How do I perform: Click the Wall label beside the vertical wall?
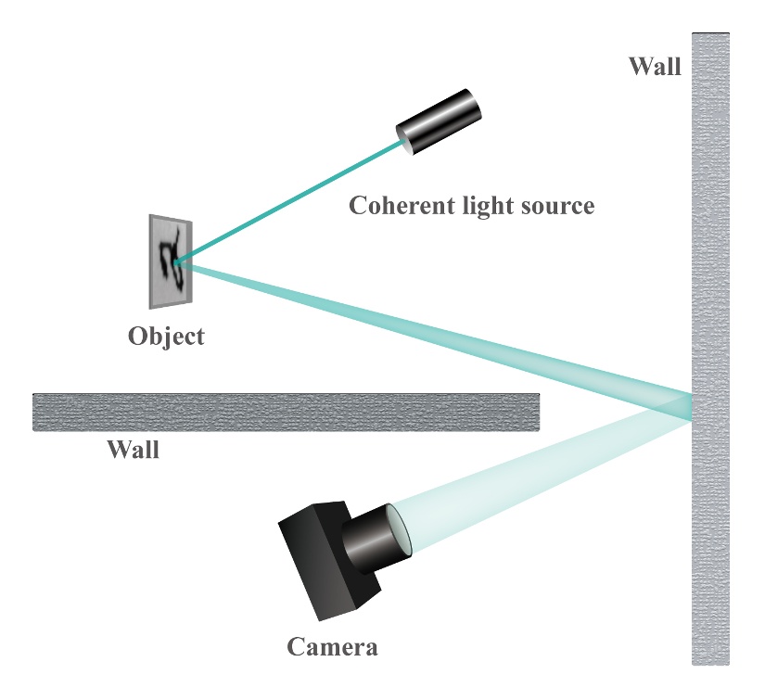pyautogui.click(x=655, y=66)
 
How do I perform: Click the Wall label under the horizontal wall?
pyautogui.click(x=134, y=450)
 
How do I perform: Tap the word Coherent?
pyautogui.click(x=402, y=205)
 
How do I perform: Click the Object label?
pyautogui.click(x=166, y=337)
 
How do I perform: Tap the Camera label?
pyautogui.click(x=332, y=647)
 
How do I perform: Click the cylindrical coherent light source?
pyautogui.click(x=439, y=122)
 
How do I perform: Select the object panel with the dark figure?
pyautogui.click(x=171, y=261)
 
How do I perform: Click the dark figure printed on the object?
pyautogui.click(x=172, y=259)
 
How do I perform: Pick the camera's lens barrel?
pyautogui.click(x=376, y=539)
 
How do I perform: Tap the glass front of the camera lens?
pyautogui.click(x=399, y=529)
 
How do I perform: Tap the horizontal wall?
pyautogui.click(x=286, y=413)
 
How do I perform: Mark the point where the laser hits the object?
pyautogui.click(x=176, y=263)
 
